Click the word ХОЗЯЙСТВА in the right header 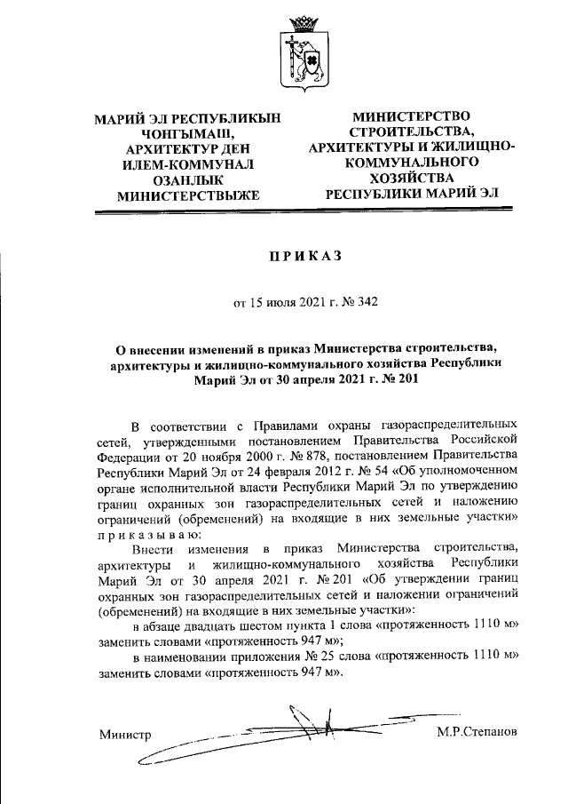click(x=411, y=178)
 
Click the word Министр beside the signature click(x=125, y=735)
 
